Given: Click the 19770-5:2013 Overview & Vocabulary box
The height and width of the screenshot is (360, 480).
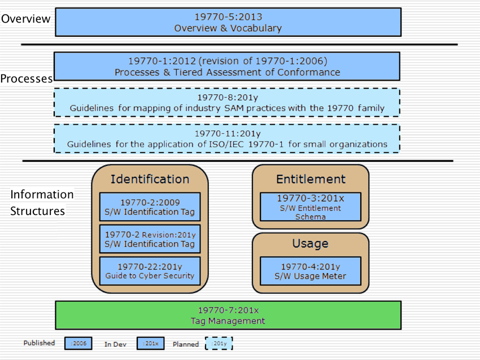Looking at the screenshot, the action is [228, 22].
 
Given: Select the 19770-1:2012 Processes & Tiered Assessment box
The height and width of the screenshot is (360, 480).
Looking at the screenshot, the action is [227, 67].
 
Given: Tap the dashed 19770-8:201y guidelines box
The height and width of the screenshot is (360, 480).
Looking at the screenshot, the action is [227, 103].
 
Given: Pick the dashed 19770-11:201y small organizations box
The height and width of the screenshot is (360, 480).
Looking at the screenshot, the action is [227, 139].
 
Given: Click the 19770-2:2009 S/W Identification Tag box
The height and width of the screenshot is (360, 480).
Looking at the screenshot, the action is [150, 207].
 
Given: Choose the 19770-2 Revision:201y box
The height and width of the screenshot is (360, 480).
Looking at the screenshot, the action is [150, 239].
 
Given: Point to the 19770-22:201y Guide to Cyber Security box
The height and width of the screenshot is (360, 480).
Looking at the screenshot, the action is [150, 271].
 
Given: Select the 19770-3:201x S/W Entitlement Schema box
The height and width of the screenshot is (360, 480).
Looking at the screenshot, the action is [311, 207].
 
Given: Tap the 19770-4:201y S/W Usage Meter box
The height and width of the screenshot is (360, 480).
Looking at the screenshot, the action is [311, 271].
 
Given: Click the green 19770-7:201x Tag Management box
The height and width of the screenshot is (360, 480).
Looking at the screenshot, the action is [228, 315].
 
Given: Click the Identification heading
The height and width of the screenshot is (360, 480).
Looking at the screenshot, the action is [150, 179].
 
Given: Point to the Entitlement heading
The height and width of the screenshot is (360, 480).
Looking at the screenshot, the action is [311, 179].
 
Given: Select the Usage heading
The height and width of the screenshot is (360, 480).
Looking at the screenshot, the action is [311, 243].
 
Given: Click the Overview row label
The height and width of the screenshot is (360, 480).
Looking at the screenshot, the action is [26, 19].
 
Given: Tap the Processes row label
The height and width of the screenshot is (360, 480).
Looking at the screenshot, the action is [27, 78].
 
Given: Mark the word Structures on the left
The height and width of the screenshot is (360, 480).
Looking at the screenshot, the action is [37, 211].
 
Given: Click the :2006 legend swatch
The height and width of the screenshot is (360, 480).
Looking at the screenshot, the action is [78, 344].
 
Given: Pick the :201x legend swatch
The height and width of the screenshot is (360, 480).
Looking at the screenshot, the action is [150, 344].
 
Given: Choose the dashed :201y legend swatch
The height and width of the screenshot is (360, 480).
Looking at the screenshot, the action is [219, 344].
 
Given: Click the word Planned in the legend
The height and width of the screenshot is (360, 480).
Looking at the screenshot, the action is [186, 344].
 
